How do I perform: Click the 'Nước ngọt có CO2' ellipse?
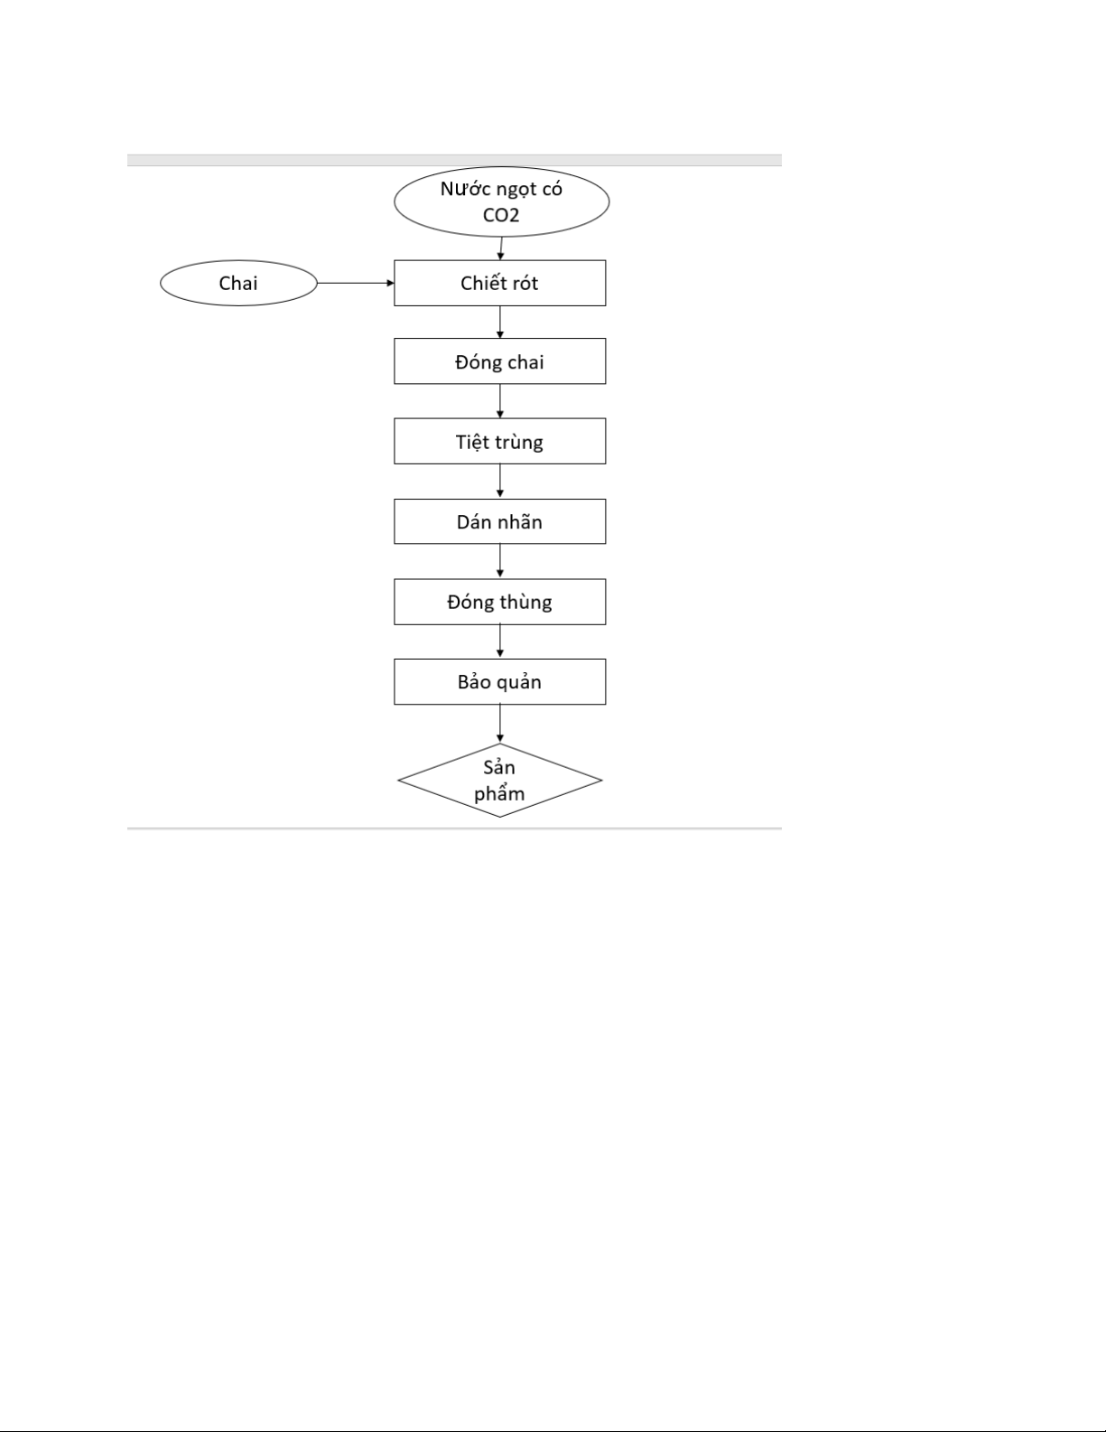502,201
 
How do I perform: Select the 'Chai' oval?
238,284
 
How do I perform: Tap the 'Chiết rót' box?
499,283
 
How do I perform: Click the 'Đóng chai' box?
499,361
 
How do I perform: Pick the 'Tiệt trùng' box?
499,441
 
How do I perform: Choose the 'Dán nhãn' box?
499,521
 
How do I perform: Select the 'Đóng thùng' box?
499,602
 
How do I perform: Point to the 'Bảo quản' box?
499,681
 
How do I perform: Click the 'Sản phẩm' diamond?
499,781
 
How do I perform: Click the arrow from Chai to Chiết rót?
356,284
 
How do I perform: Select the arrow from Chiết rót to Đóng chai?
499,323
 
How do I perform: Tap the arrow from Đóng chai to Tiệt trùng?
499,401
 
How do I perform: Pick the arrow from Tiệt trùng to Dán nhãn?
499,481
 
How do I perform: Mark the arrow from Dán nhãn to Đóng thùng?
499,561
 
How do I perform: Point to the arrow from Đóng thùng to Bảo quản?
499,641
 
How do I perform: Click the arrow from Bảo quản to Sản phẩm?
499,724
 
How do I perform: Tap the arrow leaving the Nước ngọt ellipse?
501,248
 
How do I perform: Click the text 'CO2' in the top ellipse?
501,215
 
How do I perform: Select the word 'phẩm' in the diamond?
499,793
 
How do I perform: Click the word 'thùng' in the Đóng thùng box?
525,603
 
